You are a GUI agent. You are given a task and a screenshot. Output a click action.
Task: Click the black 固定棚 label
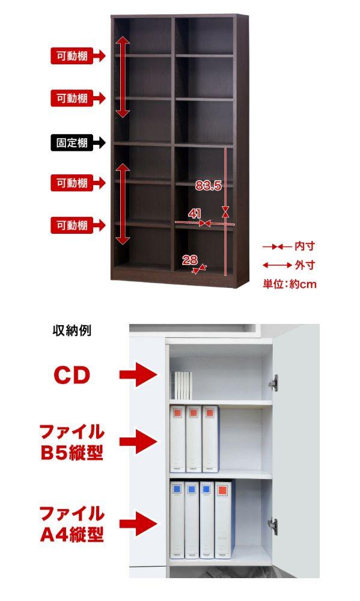click(x=72, y=143)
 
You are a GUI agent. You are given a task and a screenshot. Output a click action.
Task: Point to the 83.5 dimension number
click(x=208, y=186)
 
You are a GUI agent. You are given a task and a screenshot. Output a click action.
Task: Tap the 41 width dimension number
click(x=194, y=213)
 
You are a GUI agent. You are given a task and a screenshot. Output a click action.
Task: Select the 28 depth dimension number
click(x=189, y=260)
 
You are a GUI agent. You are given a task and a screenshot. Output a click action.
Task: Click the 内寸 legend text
click(x=305, y=246)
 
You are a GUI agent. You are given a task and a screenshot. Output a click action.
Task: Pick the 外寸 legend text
click(x=305, y=265)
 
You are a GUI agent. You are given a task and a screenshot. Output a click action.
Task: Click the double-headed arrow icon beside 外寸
click(x=277, y=265)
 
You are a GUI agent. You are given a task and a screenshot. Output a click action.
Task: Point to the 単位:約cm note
click(x=290, y=284)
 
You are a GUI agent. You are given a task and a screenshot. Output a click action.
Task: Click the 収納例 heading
click(x=72, y=330)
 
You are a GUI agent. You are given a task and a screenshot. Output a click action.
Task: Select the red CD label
click(x=72, y=375)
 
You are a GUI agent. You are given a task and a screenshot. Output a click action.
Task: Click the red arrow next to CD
click(x=138, y=374)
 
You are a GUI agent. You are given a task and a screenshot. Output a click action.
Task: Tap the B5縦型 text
click(x=72, y=453)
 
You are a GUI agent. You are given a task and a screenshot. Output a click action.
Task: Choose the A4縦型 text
click(x=72, y=535)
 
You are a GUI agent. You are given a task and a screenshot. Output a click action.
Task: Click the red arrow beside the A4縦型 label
click(x=138, y=523)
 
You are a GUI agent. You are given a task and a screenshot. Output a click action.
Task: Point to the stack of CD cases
click(x=182, y=386)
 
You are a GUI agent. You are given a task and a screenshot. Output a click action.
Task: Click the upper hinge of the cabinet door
click(x=273, y=383)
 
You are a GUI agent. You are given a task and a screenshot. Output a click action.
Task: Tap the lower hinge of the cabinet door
click(x=273, y=526)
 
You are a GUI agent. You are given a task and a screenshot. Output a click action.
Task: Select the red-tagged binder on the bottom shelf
click(x=225, y=520)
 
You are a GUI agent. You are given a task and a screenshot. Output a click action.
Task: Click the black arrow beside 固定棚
click(x=99, y=143)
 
